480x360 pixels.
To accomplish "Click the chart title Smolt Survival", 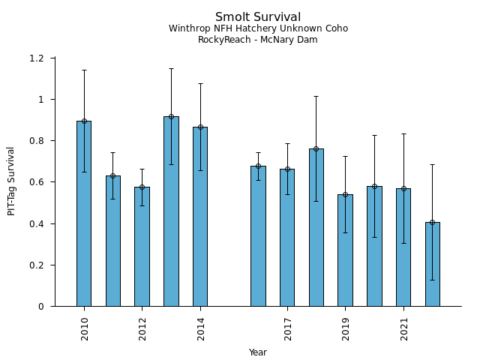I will click(258, 17).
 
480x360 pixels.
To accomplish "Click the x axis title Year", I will click(258, 352).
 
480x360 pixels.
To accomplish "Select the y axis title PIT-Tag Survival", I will click(12, 181).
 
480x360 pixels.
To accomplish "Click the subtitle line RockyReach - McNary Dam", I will click(258, 40).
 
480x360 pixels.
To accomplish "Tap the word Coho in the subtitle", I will click(335, 28).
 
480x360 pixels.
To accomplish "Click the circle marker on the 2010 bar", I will click(84, 121).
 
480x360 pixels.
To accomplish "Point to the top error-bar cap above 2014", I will click(200, 83).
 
